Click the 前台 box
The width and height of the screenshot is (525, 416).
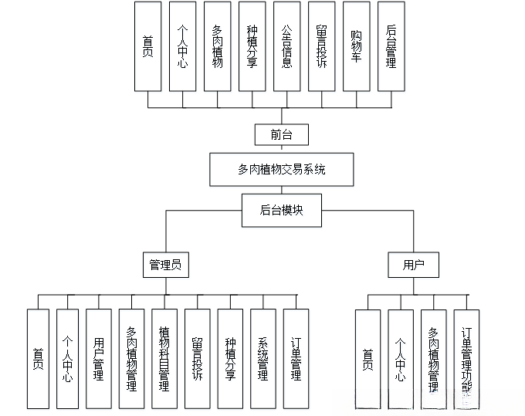pyautogui.click(x=282, y=134)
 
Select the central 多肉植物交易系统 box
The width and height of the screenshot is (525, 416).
pyautogui.click(x=282, y=169)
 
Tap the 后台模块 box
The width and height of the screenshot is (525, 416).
pyautogui.click(x=282, y=209)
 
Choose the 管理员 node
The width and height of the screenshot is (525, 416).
pyautogui.click(x=165, y=265)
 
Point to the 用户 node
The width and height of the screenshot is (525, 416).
pyautogui.click(x=414, y=265)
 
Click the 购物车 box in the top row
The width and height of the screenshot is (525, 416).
pyautogui.click(x=356, y=46)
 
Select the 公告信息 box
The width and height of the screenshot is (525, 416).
pyautogui.click(x=286, y=46)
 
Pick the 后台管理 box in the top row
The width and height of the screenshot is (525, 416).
pyautogui.click(x=391, y=46)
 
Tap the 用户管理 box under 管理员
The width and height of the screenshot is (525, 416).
pyautogui.click(x=99, y=358)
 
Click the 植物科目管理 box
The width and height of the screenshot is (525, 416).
pyautogui.click(x=164, y=358)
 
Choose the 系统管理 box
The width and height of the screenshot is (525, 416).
pyautogui.click(x=263, y=358)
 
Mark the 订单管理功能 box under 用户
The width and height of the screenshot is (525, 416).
pyautogui.click(x=466, y=358)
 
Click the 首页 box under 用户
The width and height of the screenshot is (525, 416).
pyautogui.click(x=367, y=358)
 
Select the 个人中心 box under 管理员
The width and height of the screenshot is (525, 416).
pyautogui.click(x=67, y=358)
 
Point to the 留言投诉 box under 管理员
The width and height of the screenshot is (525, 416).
pyautogui.click(x=197, y=358)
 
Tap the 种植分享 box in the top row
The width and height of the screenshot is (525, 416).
pyautogui.click(x=252, y=46)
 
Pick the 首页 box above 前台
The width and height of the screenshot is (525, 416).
pyautogui.click(x=147, y=46)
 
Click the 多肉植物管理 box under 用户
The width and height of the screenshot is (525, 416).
pyautogui.click(x=433, y=358)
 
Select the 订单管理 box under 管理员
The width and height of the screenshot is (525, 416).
pyautogui.click(x=296, y=358)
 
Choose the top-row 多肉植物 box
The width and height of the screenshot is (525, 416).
pyautogui.click(x=218, y=46)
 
